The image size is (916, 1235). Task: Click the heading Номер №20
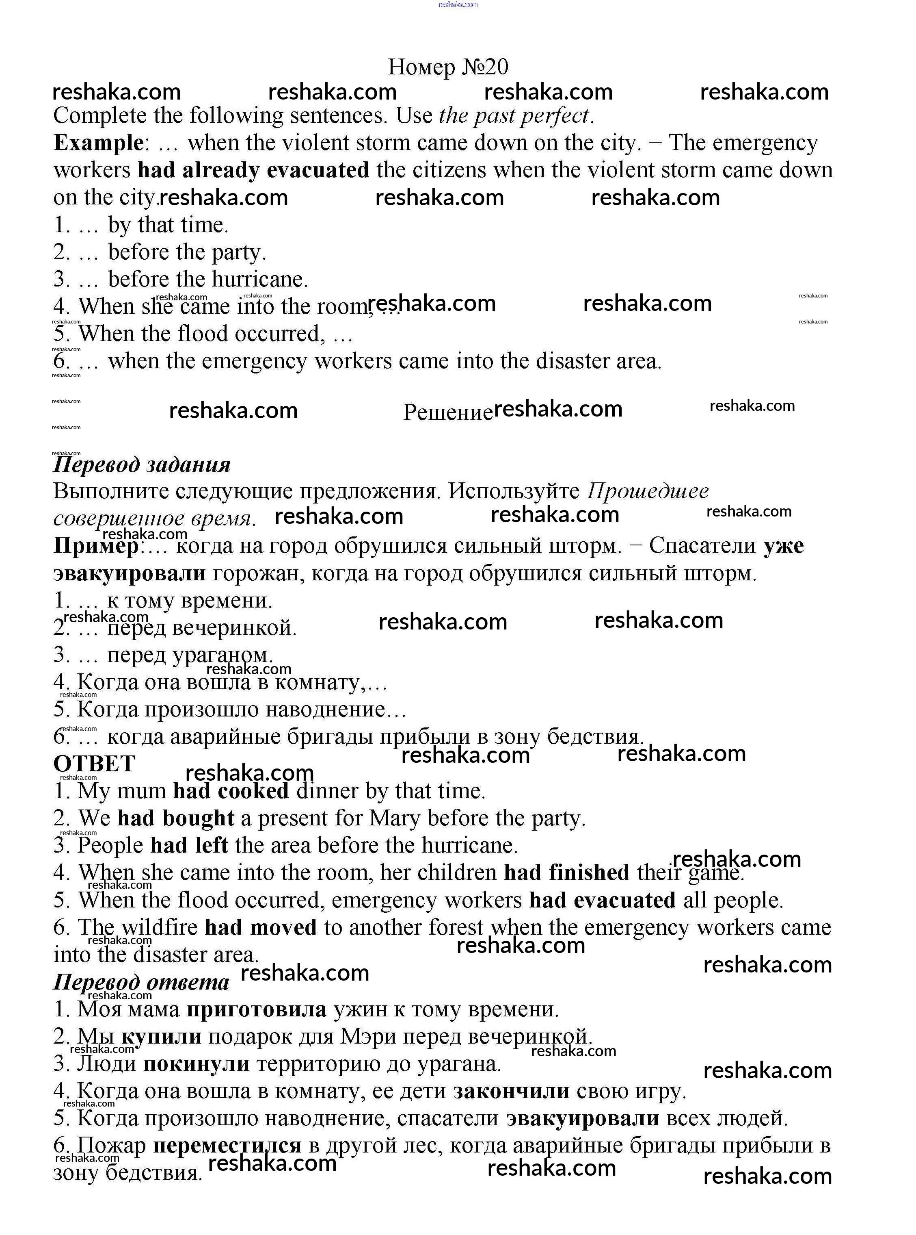coord(447,67)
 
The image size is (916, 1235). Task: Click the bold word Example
coord(98,143)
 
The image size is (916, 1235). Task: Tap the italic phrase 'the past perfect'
coord(514,116)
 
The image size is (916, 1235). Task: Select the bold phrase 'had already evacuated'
coord(253,170)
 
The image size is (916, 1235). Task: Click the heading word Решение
coord(447,412)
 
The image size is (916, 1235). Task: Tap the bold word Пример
coord(96,546)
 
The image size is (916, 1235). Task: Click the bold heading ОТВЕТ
coord(94,764)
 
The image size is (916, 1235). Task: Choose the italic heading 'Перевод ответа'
coord(141,982)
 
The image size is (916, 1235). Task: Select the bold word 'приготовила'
coord(256,1009)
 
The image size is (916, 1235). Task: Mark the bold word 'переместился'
coord(227,1145)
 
